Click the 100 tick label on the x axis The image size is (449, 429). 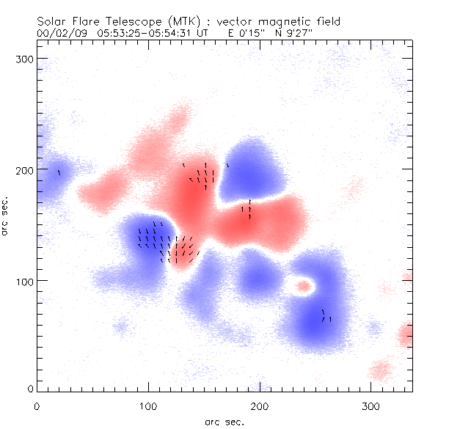click(x=149, y=406)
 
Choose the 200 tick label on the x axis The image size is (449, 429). click(x=260, y=406)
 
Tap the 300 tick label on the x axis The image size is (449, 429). click(x=372, y=406)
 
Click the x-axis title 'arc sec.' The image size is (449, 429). click(x=224, y=421)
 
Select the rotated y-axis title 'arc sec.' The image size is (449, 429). click(x=6, y=216)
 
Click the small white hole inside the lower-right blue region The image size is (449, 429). click(x=302, y=286)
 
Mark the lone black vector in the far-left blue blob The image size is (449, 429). click(x=59, y=172)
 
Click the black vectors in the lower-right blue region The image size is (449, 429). click(x=326, y=316)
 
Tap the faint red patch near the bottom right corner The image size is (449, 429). click(x=381, y=369)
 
